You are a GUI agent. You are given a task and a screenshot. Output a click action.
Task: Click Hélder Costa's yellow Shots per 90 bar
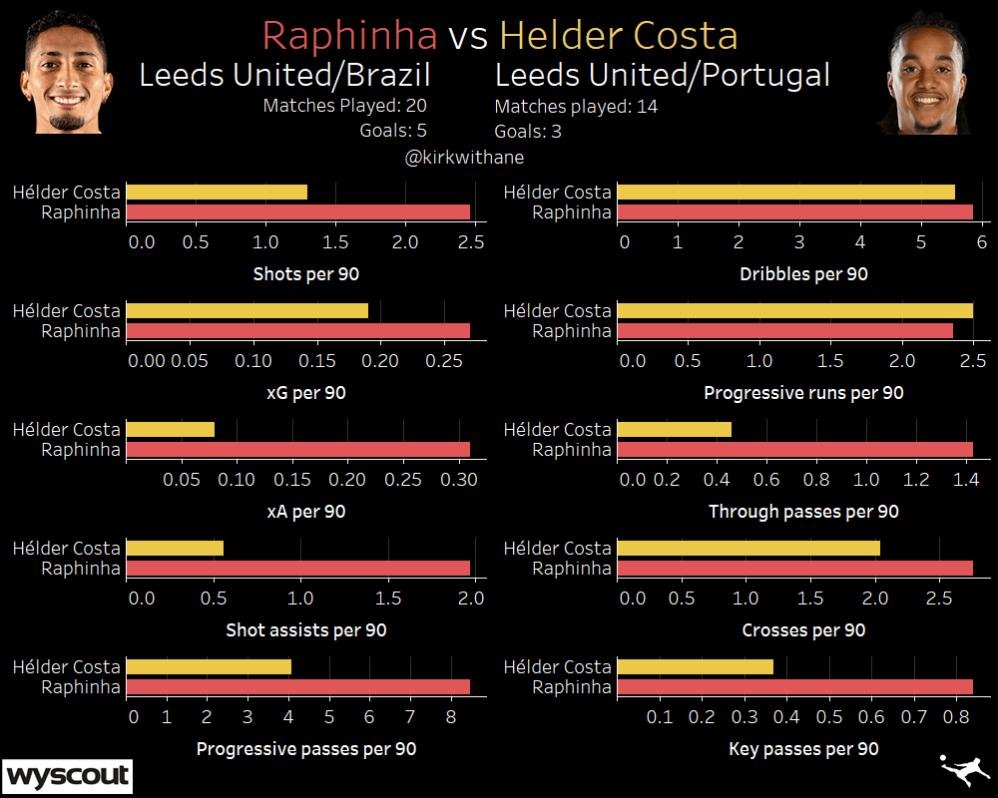217,192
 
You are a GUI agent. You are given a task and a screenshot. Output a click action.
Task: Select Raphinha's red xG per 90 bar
298,330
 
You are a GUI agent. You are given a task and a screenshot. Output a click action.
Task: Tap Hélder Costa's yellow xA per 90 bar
171,429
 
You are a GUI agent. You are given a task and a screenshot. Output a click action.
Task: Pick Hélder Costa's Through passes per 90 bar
675,429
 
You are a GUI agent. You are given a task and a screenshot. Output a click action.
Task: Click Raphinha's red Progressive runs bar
785,330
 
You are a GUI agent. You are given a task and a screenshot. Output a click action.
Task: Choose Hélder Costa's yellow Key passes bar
696,666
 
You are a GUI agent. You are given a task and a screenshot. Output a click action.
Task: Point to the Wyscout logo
68,775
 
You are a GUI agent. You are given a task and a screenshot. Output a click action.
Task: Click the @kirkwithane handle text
464,158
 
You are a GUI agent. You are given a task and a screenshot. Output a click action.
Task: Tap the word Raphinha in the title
349,36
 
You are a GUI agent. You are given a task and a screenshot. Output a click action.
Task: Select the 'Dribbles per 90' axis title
803,274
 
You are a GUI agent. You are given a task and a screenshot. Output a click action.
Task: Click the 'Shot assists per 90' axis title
305,630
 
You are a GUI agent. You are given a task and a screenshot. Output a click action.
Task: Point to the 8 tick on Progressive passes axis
450,716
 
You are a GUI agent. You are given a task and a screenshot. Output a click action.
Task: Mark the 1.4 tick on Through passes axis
964,479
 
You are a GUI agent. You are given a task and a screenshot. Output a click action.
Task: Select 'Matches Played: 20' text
345,105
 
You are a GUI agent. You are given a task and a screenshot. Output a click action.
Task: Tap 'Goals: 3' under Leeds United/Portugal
527,131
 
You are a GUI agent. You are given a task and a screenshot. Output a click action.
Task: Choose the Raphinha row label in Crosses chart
572,569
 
